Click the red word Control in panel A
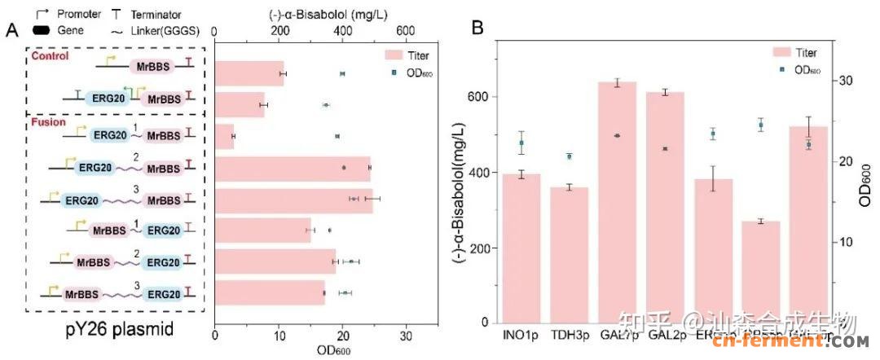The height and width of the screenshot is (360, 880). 51,56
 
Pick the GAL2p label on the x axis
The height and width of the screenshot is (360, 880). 665,335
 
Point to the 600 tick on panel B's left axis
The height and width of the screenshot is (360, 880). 484,96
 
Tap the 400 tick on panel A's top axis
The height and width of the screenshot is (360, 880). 342,30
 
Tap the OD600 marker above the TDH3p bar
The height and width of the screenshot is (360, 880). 570,156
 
